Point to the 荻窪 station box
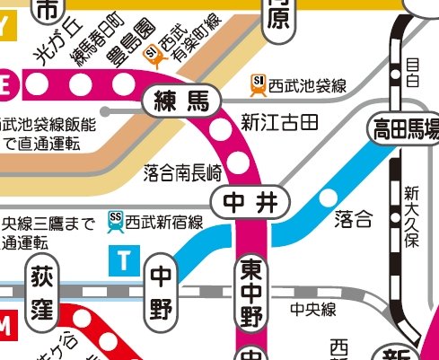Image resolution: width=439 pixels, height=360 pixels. click(43, 297)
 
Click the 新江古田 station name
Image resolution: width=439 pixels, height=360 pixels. click(279, 120)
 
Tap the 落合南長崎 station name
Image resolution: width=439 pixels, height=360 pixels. click(182, 170)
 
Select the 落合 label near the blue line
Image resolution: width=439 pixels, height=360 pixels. click(352, 217)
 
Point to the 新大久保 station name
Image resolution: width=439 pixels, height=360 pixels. click(412, 216)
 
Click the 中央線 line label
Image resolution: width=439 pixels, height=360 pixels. click(312, 310)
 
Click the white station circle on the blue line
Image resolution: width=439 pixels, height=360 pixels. click(328, 197)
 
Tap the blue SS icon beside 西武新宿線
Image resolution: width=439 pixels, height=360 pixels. click(115, 218)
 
